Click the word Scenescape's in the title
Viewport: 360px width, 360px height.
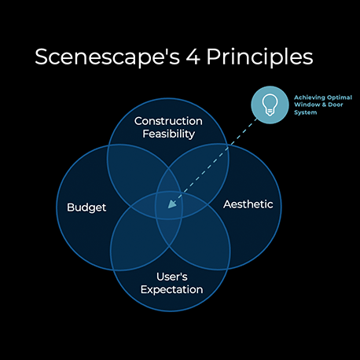[x=108, y=57]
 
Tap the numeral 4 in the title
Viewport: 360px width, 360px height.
[x=193, y=57]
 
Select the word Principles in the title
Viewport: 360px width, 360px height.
[x=260, y=57]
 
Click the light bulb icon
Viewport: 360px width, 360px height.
[x=270, y=105]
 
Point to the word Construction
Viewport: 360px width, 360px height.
[x=168, y=121]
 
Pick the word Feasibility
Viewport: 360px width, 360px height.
[x=169, y=134]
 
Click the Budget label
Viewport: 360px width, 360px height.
[x=86, y=208]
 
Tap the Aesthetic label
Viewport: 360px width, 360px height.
[x=248, y=204]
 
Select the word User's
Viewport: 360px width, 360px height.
[x=172, y=277]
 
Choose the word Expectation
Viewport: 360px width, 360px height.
[x=171, y=290]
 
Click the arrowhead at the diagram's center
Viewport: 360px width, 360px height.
[x=171, y=204]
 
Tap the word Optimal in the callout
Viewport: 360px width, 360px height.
[x=340, y=97]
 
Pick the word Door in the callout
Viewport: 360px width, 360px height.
[x=336, y=105]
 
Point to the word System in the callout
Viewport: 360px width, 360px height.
[x=306, y=112]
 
